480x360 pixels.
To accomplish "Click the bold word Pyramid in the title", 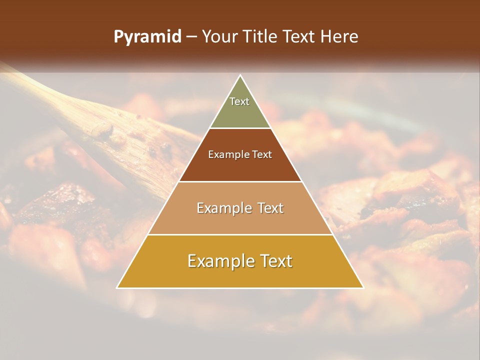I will pyautogui.click(x=147, y=37).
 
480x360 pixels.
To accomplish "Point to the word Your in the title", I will pyautogui.click(x=219, y=37).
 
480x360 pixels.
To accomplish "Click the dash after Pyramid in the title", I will pyautogui.click(x=191, y=37).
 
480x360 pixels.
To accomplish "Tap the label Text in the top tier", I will pyautogui.click(x=239, y=101).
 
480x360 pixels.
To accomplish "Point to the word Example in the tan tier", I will pyautogui.click(x=223, y=208).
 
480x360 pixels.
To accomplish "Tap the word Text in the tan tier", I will pyautogui.click(x=270, y=208).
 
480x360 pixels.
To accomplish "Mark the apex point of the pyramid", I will pyautogui.click(x=240, y=75).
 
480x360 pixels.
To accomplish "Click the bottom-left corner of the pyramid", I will pyautogui.click(x=117, y=288).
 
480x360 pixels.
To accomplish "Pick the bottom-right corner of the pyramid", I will pyautogui.click(x=363, y=288).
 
